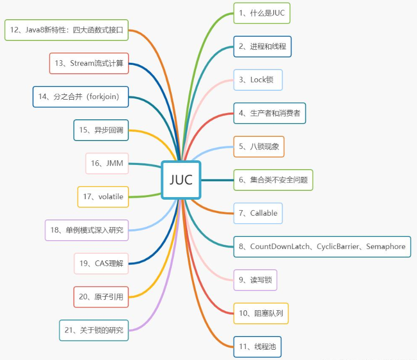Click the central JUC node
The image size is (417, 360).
181,179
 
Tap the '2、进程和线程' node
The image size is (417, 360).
262,46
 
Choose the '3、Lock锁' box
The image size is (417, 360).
258,80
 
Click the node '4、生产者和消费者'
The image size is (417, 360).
269,113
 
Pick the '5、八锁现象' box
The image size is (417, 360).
259,146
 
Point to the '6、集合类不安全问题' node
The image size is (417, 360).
273,180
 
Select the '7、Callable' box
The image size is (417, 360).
258,213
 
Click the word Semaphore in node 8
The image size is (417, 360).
385,246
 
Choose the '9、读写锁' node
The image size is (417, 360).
255,280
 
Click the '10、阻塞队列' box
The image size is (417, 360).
260,313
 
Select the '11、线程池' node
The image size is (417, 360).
257,347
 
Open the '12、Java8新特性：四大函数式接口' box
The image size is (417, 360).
66,30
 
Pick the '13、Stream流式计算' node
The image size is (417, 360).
89,63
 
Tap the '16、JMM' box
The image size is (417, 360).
106,163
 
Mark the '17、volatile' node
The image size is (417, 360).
103,197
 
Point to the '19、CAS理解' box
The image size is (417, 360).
101,264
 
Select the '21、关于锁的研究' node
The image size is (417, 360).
94,330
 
